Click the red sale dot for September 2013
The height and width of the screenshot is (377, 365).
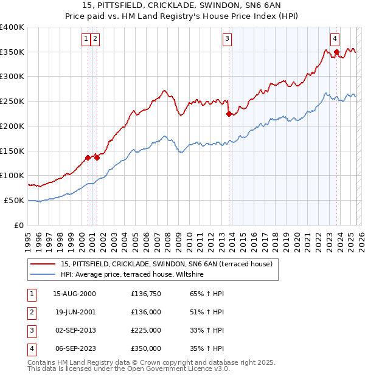pyautogui.click(x=229, y=113)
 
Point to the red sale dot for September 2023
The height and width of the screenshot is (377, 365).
pyautogui.click(x=336, y=52)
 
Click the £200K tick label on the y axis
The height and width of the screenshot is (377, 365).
pyautogui.click(x=12, y=126)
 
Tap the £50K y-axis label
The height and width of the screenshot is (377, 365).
pyautogui.click(x=15, y=200)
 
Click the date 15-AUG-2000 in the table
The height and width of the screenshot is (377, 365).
pyautogui.click(x=74, y=294)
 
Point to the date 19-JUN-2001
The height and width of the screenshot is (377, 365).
pyautogui.click(x=74, y=312)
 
